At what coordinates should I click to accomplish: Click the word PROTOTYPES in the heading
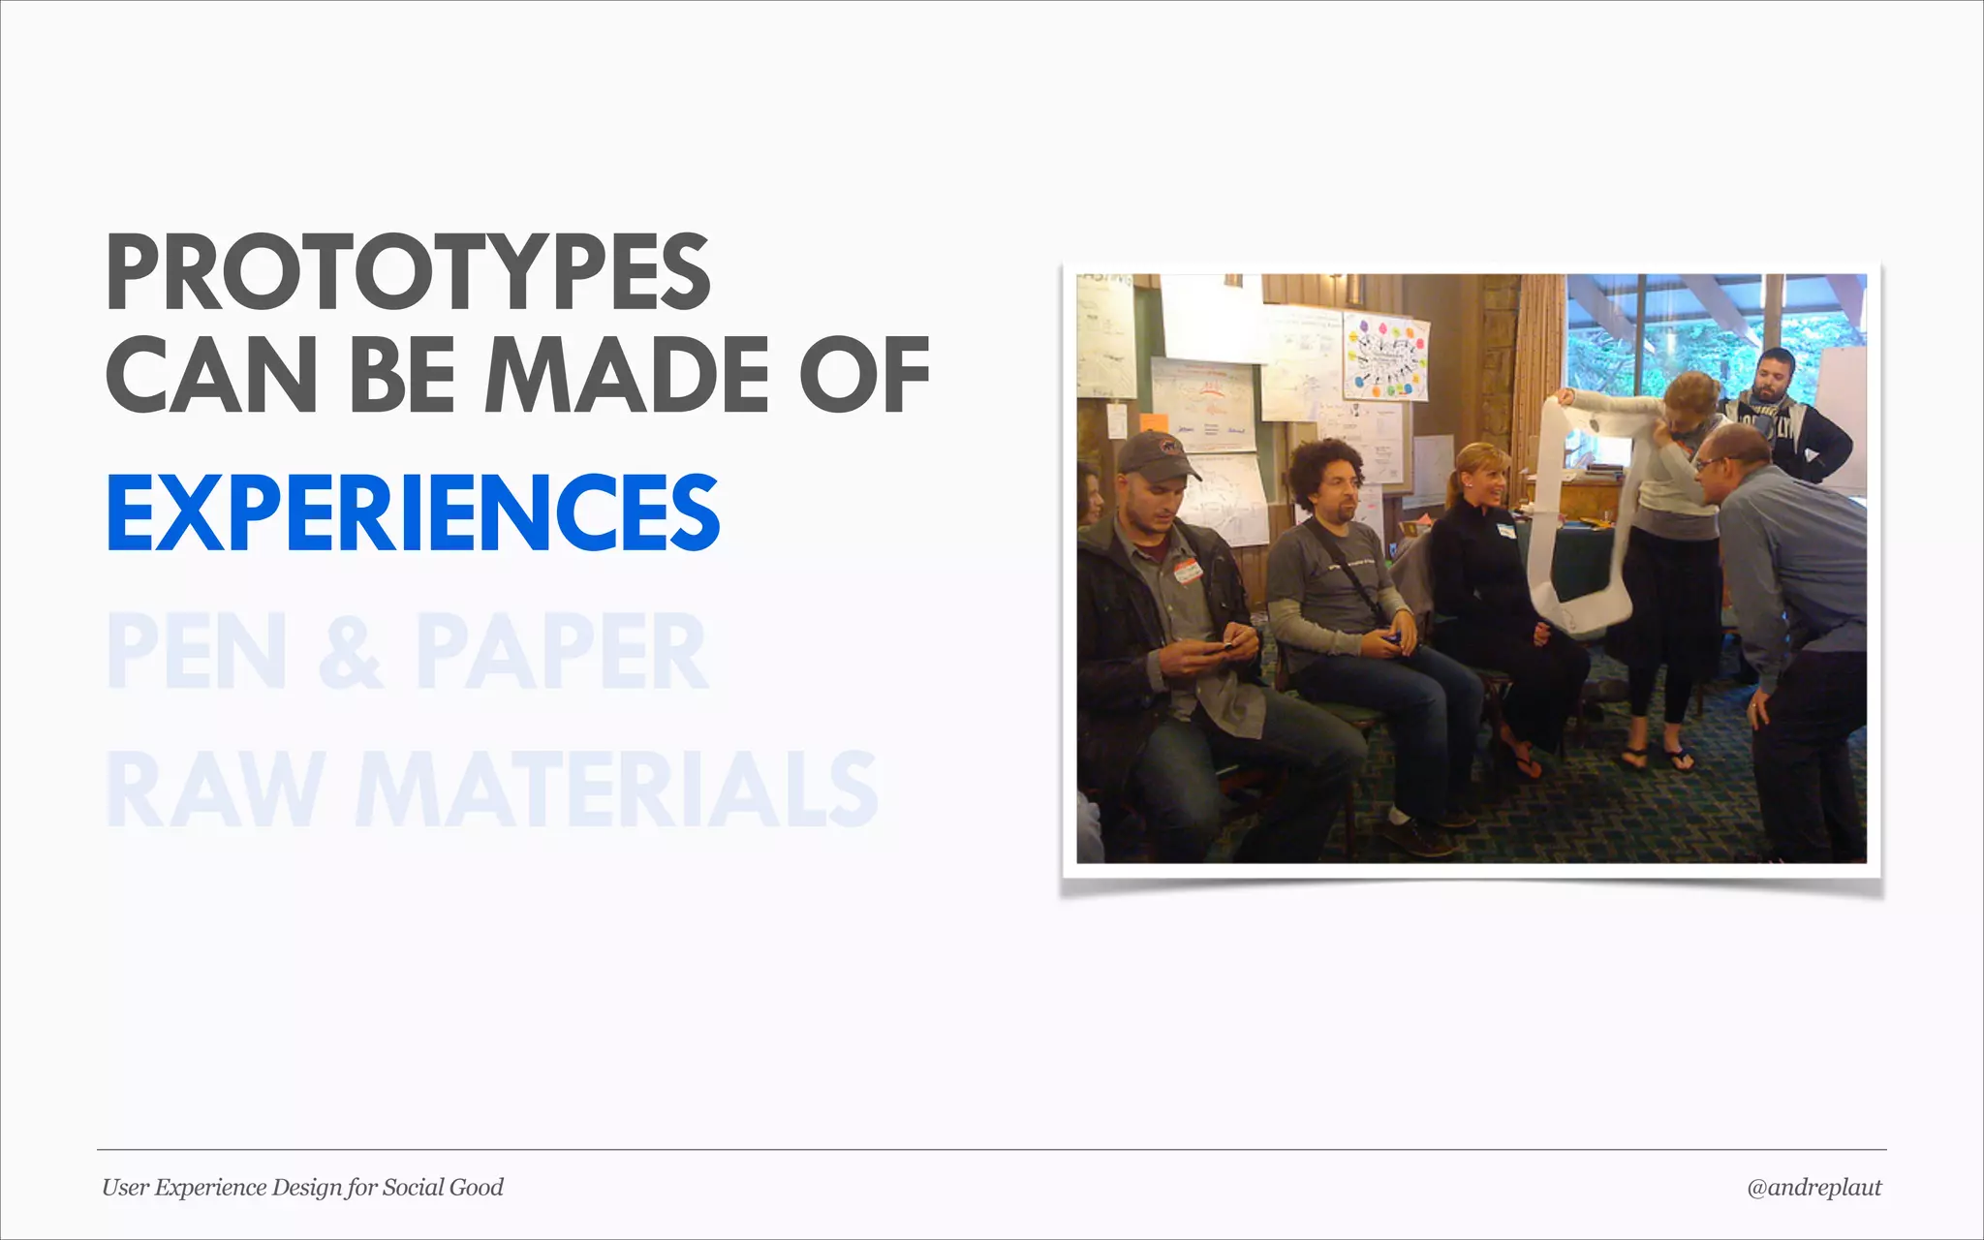pos(408,273)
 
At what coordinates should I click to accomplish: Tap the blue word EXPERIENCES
pos(413,512)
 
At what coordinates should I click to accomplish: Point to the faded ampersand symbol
pos(352,651)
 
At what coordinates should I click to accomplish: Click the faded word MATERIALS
pos(616,789)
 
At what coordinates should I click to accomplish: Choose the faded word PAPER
pos(562,651)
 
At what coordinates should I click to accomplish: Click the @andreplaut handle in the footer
pos(1813,1188)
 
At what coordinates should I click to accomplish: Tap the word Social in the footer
pos(411,1188)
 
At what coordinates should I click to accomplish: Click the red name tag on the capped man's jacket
pos(1189,570)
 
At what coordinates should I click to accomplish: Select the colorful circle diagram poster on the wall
pos(1385,357)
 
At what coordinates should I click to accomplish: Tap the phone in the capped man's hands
pos(1215,648)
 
